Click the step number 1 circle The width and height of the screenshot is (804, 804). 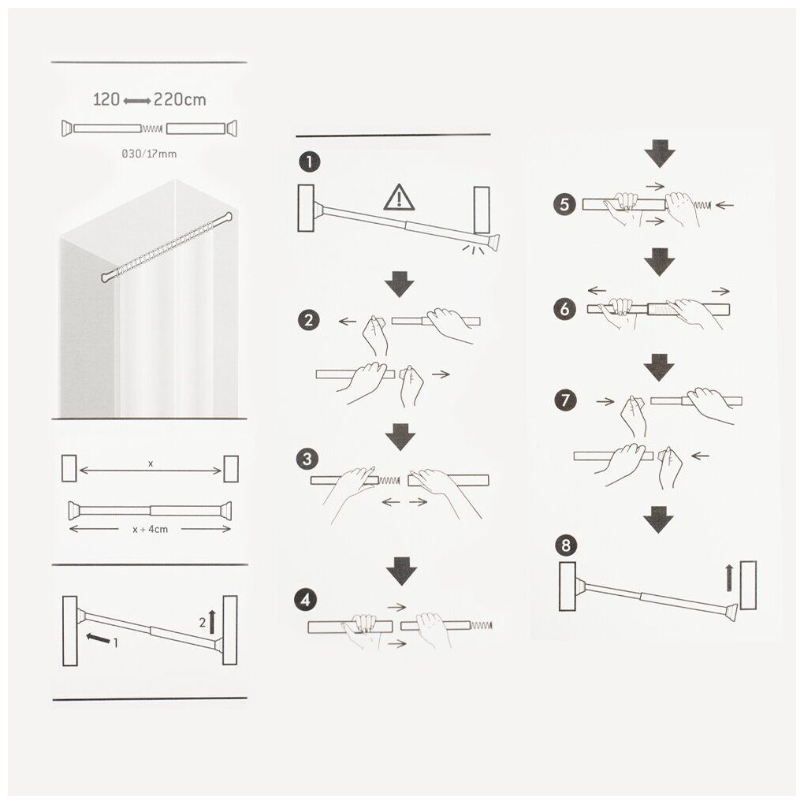pyautogui.click(x=309, y=162)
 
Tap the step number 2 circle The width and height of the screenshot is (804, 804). pyautogui.click(x=309, y=321)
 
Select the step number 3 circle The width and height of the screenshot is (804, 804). pyautogui.click(x=307, y=459)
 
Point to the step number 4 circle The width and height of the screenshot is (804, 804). pyautogui.click(x=306, y=599)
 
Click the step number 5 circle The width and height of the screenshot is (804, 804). pyautogui.click(x=564, y=205)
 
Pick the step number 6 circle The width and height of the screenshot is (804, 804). pyautogui.click(x=564, y=309)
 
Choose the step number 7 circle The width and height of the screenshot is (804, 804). pyautogui.click(x=566, y=400)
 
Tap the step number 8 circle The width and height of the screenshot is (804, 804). pyautogui.click(x=566, y=545)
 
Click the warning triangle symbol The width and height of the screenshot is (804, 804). pyautogui.click(x=399, y=198)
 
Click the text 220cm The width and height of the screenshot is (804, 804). pyautogui.click(x=180, y=99)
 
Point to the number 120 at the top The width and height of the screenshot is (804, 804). pyautogui.click(x=106, y=99)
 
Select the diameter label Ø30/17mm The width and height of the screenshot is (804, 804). pyautogui.click(x=149, y=154)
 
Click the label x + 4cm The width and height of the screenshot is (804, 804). pyautogui.click(x=151, y=529)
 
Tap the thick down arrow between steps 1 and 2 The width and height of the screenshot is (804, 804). pyautogui.click(x=400, y=285)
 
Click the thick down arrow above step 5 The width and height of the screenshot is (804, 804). pyautogui.click(x=660, y=154)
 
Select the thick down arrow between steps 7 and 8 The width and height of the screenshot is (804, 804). pyautogui.click(x=658, y=520)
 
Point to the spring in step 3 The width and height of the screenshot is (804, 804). pyautogui.click(x=389, y=481)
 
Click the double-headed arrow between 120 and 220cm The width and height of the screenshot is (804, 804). pyautogui.click(x=137, y=102)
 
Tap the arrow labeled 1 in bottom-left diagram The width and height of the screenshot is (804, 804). pyautogui.click(x=98, y=638)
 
